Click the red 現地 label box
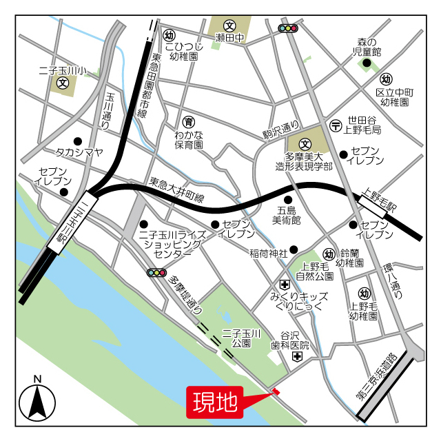[x=215, y=401]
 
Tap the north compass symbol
[x=37, y=400]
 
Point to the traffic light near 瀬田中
[x=287, y=28]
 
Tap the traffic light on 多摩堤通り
[x=156, y=273]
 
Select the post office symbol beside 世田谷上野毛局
[x=336, y=125]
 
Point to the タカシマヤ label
[x=79, y=152]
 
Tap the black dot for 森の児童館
[x=367, y=64]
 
